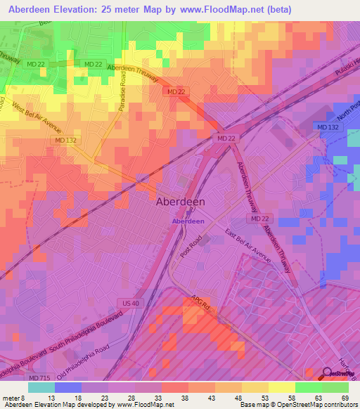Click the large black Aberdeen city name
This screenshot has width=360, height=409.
click(x=179, y=201)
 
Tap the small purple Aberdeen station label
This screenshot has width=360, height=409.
click(x=188, y=221)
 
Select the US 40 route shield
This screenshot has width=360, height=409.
click(x=128, y=303)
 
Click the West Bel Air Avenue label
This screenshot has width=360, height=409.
click(x=37, y=119)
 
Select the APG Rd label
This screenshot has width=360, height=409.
click(x=200, y=304)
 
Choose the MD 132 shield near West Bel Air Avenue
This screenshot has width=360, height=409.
click(x=65, y=141)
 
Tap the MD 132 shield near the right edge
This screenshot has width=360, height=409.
click(x=328, y=126)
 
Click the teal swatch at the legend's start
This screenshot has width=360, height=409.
click(x=41, y=387)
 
